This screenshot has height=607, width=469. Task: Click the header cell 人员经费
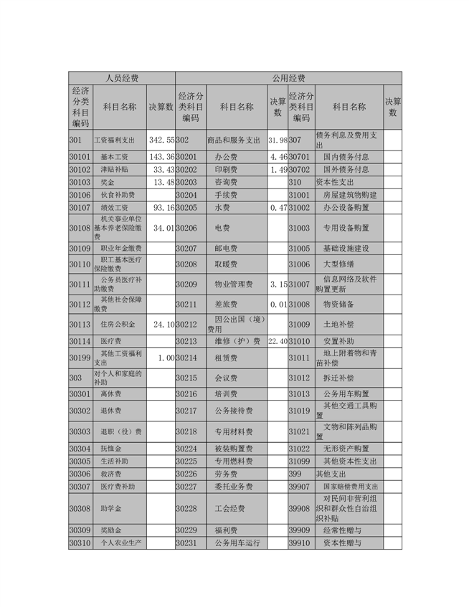tap(122, 77)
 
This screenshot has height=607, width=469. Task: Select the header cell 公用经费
tap(288, 77)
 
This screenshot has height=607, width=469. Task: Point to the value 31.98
tap(277, 138)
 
